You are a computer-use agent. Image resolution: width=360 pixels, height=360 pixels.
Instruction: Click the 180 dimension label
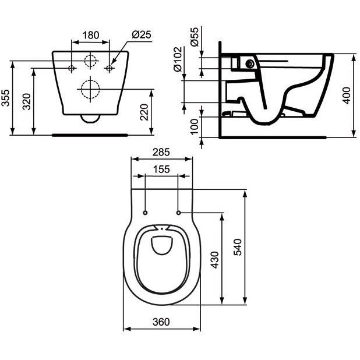pos(90,35)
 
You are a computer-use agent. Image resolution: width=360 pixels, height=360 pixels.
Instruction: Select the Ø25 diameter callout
pos(142,35)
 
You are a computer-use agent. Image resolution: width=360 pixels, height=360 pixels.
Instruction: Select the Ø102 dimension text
pos(178,60)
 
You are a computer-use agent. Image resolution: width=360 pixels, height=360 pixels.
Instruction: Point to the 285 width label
pos(161,153)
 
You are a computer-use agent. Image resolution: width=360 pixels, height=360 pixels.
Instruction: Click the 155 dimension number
pos(161,170)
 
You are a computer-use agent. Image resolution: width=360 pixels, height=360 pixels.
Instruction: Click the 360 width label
pos(161,322)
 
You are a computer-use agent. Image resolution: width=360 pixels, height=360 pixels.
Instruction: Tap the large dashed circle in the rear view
pos(90,89)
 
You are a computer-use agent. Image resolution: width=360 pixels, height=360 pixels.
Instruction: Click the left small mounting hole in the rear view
pos(72,69)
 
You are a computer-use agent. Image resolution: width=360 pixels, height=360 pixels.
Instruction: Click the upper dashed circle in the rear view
pos(90,60)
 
